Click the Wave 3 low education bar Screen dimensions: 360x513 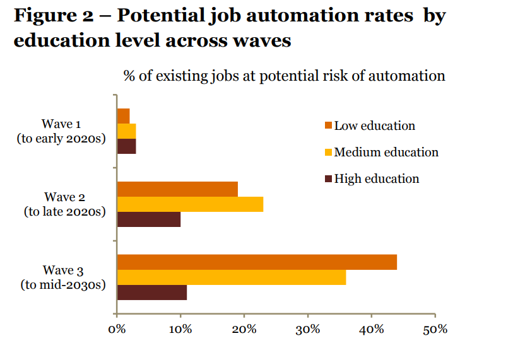257,262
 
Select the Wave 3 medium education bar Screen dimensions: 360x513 232,277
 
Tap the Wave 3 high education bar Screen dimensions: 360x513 152,293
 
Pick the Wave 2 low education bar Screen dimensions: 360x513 177,189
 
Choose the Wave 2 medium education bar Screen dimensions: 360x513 190,204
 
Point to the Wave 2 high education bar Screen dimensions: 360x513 149,219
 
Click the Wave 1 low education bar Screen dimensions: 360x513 124,116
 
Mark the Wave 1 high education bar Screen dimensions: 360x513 127,146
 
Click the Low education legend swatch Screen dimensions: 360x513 327,125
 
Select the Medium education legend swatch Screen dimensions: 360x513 327,153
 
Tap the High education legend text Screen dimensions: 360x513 377,179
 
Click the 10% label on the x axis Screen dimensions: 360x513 180,329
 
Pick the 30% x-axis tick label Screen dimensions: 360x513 307,329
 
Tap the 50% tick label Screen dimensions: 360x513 435,329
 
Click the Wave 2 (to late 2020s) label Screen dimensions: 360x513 64,204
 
